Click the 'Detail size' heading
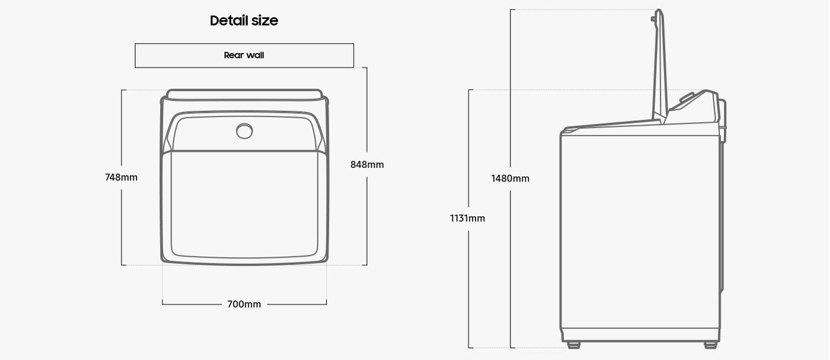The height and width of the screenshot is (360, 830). point(244,21)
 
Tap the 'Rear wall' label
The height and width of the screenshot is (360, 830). point(244,55)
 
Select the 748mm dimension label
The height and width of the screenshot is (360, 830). point(121,177)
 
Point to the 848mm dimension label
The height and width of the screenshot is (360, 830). point(367,164)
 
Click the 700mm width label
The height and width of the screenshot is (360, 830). point(244,304)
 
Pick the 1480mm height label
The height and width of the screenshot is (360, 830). point(510,179)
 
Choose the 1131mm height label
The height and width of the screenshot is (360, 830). point(467,218)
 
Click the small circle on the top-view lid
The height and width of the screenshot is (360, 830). point(244,131)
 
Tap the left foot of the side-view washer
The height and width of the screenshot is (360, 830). point(573,345)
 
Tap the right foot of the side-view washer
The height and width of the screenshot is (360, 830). point(710,345)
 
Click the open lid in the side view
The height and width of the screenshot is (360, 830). point(660,65)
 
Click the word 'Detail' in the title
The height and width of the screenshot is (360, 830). point(228,21)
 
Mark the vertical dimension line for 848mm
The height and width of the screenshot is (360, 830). point(366,225)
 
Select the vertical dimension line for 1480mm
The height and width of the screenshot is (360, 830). point(511,267)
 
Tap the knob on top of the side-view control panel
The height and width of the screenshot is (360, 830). point(687,97)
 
